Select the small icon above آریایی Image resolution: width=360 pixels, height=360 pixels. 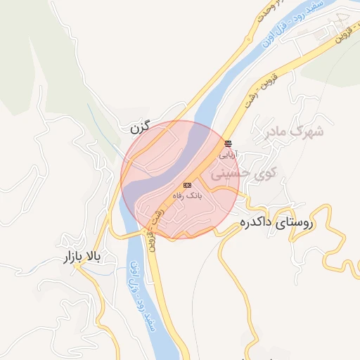[227, 143]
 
